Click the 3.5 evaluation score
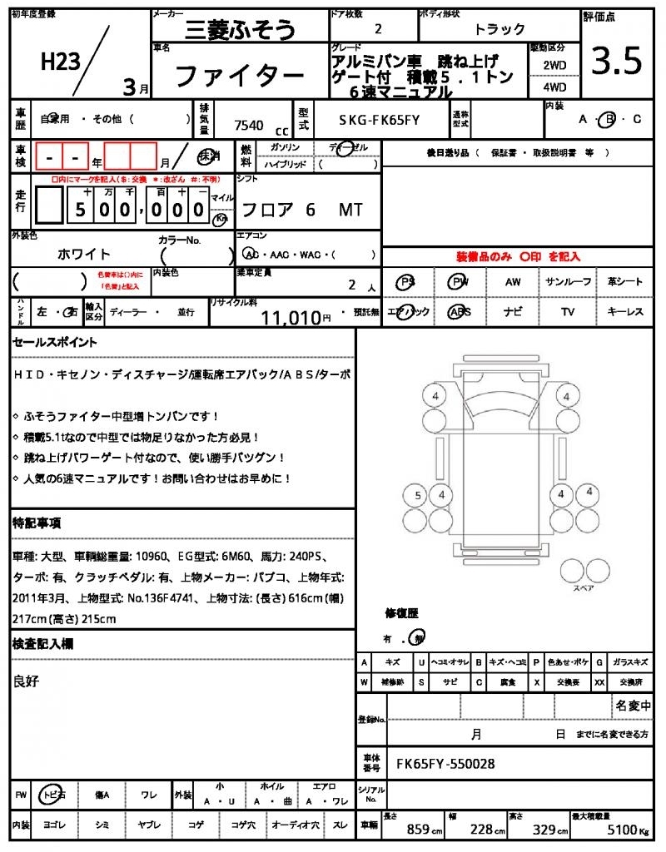point(616,62)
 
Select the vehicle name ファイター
point(239,77)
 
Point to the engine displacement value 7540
point(249,125)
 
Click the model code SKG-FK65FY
point(379,120)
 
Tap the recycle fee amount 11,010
point(291,317)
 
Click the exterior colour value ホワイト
point(84,254)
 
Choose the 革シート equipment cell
point(625,282)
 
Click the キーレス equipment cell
point(625,312)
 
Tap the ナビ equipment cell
point(513,312)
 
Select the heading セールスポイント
point(55,342)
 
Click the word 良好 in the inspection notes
point(27,681)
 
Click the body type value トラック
point(499,29)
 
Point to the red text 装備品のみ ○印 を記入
point(518,257)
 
